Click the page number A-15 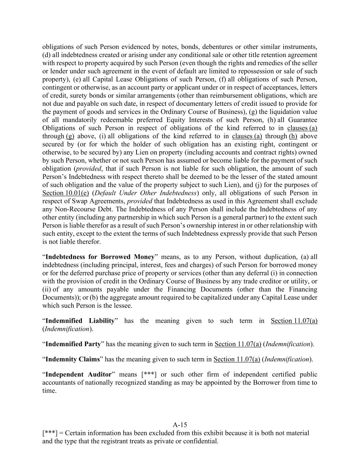tap(180, 425)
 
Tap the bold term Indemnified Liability tap(80, 321)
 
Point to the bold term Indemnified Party tap(73, 344)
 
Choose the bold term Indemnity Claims tap(72, 359)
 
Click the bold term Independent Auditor tap(78, 374)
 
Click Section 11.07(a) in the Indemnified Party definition tap(238, 344)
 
